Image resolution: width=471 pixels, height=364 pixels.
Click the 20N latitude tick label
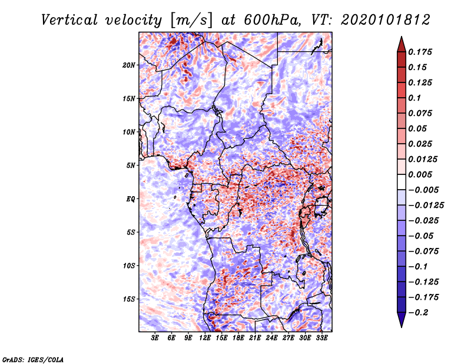pyautogui.click(x=129, y=65)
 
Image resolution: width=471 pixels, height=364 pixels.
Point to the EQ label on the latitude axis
pyautogui.click(x=130, y=199)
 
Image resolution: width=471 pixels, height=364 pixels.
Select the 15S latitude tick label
pyautogui.click(x=129, y=299)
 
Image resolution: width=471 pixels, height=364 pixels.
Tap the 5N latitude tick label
pyautogui.click(x=131, y=166)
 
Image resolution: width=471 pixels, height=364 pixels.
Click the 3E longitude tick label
pyautogui.click(x=155, y=338)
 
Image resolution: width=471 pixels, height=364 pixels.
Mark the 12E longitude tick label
pyautogui.click(x=205, y=338)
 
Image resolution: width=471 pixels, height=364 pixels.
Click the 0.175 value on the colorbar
pyautogui.click(x=422, y=52)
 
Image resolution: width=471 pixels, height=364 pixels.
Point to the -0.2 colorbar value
pyautogui.click(x=420, y=312)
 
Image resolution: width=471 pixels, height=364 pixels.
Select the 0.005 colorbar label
pyautogui.click(x=422, y=174)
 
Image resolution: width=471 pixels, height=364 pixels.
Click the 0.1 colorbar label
pyautogui.click(x=416, y=98)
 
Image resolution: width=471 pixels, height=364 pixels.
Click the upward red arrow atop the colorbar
pyautogui.click(x=400, y=44)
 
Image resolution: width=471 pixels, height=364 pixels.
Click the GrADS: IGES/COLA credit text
pyautogui.click(x=32, y=359)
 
